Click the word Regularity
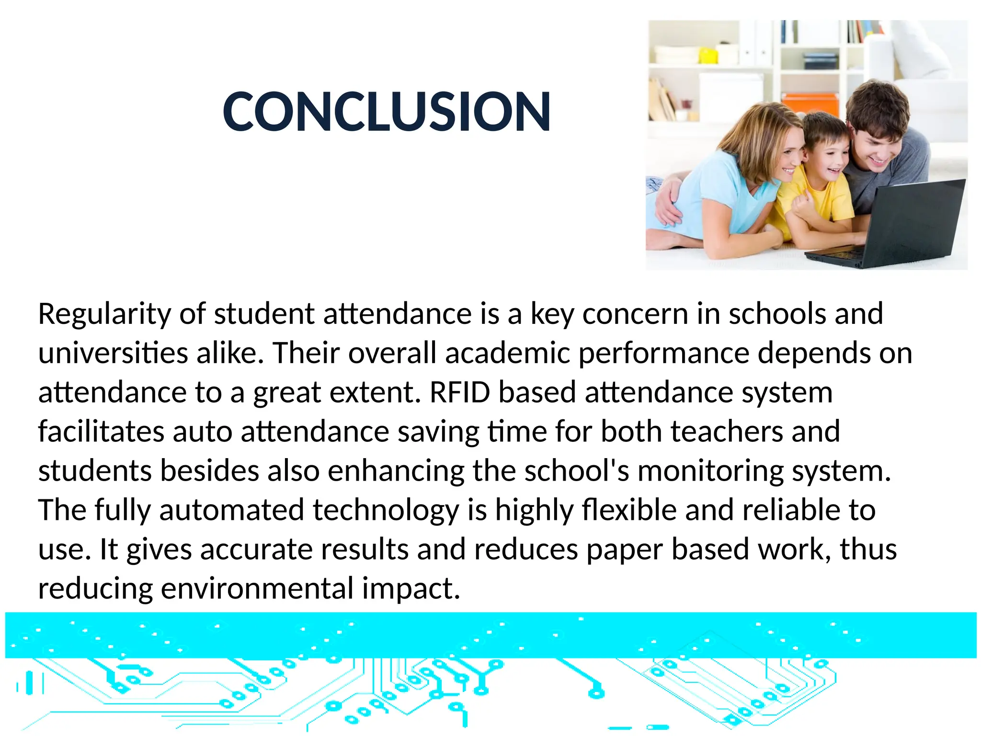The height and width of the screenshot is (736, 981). click(x=104, y=315)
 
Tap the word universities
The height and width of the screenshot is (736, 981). click(x=113, y=354)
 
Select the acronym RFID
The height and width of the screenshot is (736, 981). click(x=460, y=392)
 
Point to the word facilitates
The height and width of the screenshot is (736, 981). click(x=101, y=432)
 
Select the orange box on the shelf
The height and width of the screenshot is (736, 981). click(x=810, y=105)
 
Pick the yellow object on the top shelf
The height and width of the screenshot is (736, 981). click(x=708, y=56)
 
